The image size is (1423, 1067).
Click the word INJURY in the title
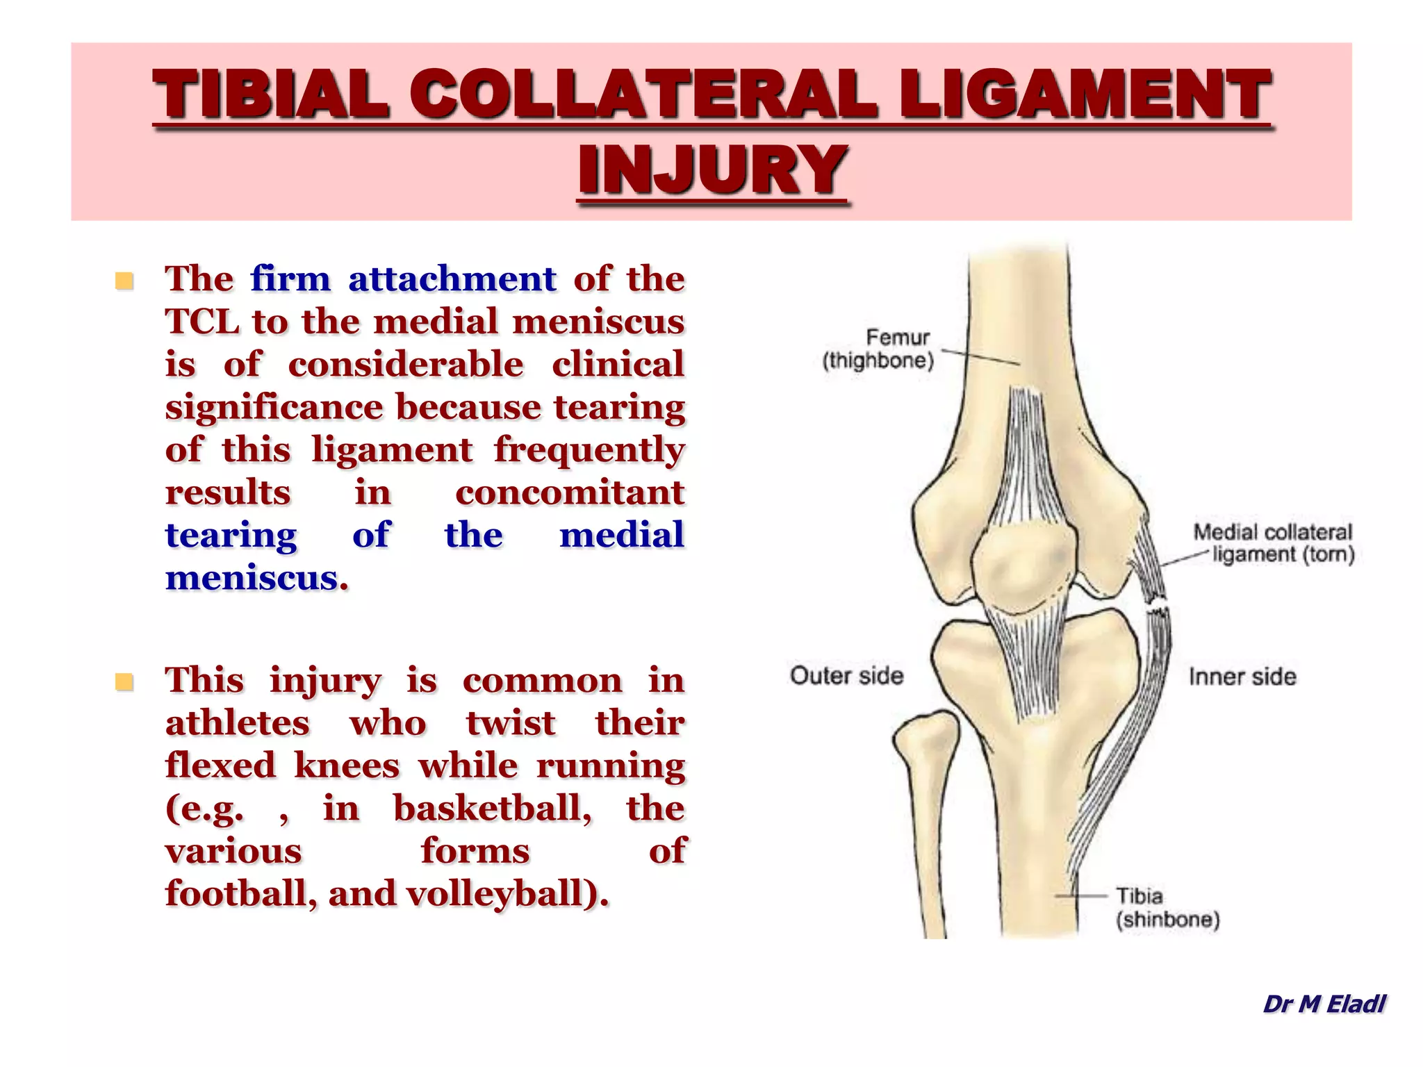(x=712, y=170)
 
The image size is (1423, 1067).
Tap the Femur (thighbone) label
(x=880, y=349)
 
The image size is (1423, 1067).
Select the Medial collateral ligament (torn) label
(x=1274, y=543)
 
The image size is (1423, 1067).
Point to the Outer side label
(x=846, y=675)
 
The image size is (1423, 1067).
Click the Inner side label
(x=1242, y=677)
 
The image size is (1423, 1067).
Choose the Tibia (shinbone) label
(x=1167, y=907)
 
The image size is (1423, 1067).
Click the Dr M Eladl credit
(x=1324, y=1004)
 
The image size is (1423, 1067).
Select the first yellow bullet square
(x=124, y=281)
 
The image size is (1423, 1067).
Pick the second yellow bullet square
(x=124, y=682)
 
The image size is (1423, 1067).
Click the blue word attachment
(x=452, y=279)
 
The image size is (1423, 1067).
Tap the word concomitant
(x=570, y=493)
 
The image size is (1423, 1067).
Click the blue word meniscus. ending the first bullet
(x=256, y=578)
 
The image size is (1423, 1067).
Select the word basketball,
(x=493, y=808)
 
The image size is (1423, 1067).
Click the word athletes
(x=237, y=722)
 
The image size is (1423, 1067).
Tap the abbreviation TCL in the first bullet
(x=201, y=322)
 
